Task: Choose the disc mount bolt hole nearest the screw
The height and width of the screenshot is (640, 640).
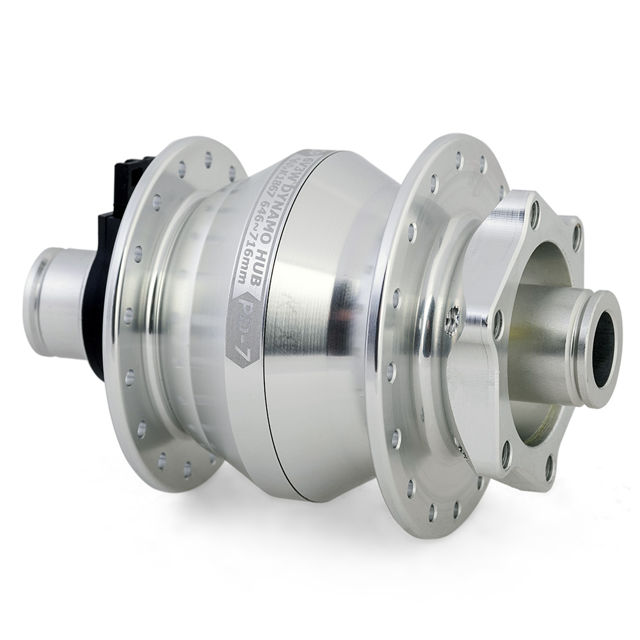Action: [x=497, y=324]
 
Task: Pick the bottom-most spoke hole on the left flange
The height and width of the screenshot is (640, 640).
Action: [x=188, y=470]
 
